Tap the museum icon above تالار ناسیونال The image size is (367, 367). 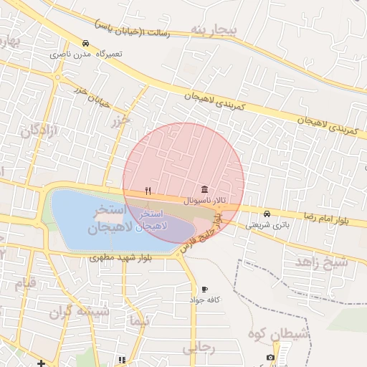(206, 190)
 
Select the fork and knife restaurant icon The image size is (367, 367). (148, 191)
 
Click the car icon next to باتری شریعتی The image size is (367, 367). (267, 214)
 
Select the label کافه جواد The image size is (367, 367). (205, 299)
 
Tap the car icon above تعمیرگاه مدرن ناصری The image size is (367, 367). (86, 43)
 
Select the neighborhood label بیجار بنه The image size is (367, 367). (214, 29)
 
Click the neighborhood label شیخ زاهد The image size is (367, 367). (320, 262)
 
